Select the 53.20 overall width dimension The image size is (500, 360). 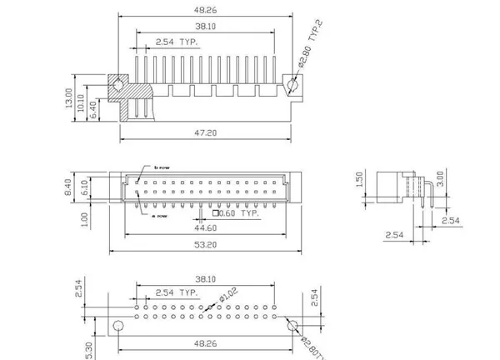tap(207, 246)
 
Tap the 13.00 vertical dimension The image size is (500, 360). tap(70, 98)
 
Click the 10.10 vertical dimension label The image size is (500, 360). tap(81, 101)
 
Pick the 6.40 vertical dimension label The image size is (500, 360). tap(92, 108)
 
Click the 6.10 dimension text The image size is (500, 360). tap(82, 187)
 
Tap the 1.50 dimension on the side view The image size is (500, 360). tap(358, 181)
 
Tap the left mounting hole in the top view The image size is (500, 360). tap(120, 85)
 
